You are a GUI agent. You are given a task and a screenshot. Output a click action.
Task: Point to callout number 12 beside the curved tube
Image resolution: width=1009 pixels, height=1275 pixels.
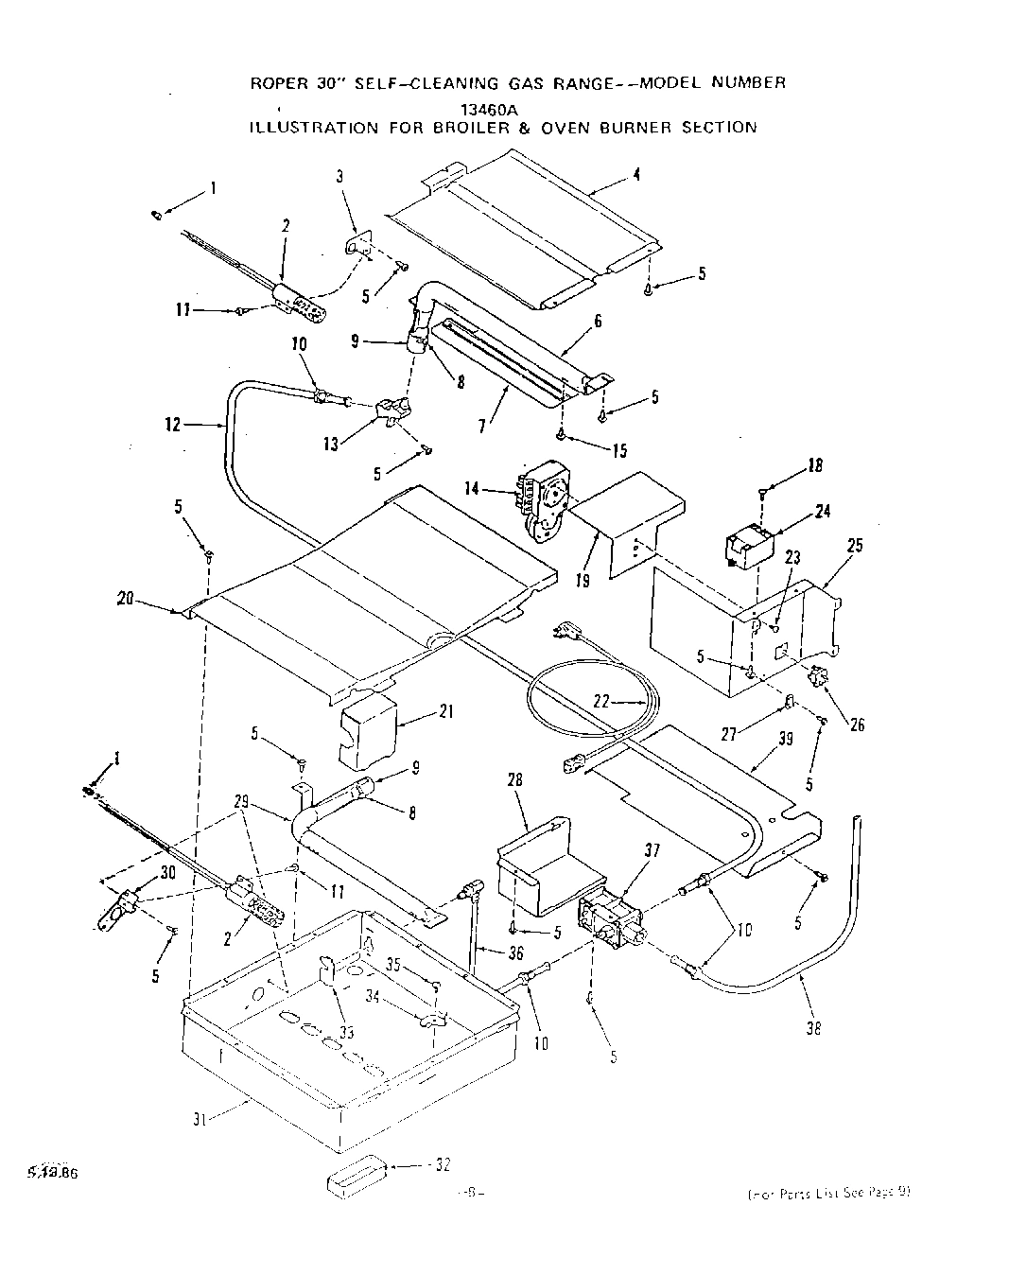click(x=172, y=425)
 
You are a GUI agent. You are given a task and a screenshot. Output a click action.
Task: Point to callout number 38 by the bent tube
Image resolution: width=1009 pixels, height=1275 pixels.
click(x=812, y=1029)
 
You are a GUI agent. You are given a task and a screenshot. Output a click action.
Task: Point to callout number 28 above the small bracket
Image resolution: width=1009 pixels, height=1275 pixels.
click(x=514, y=778)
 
